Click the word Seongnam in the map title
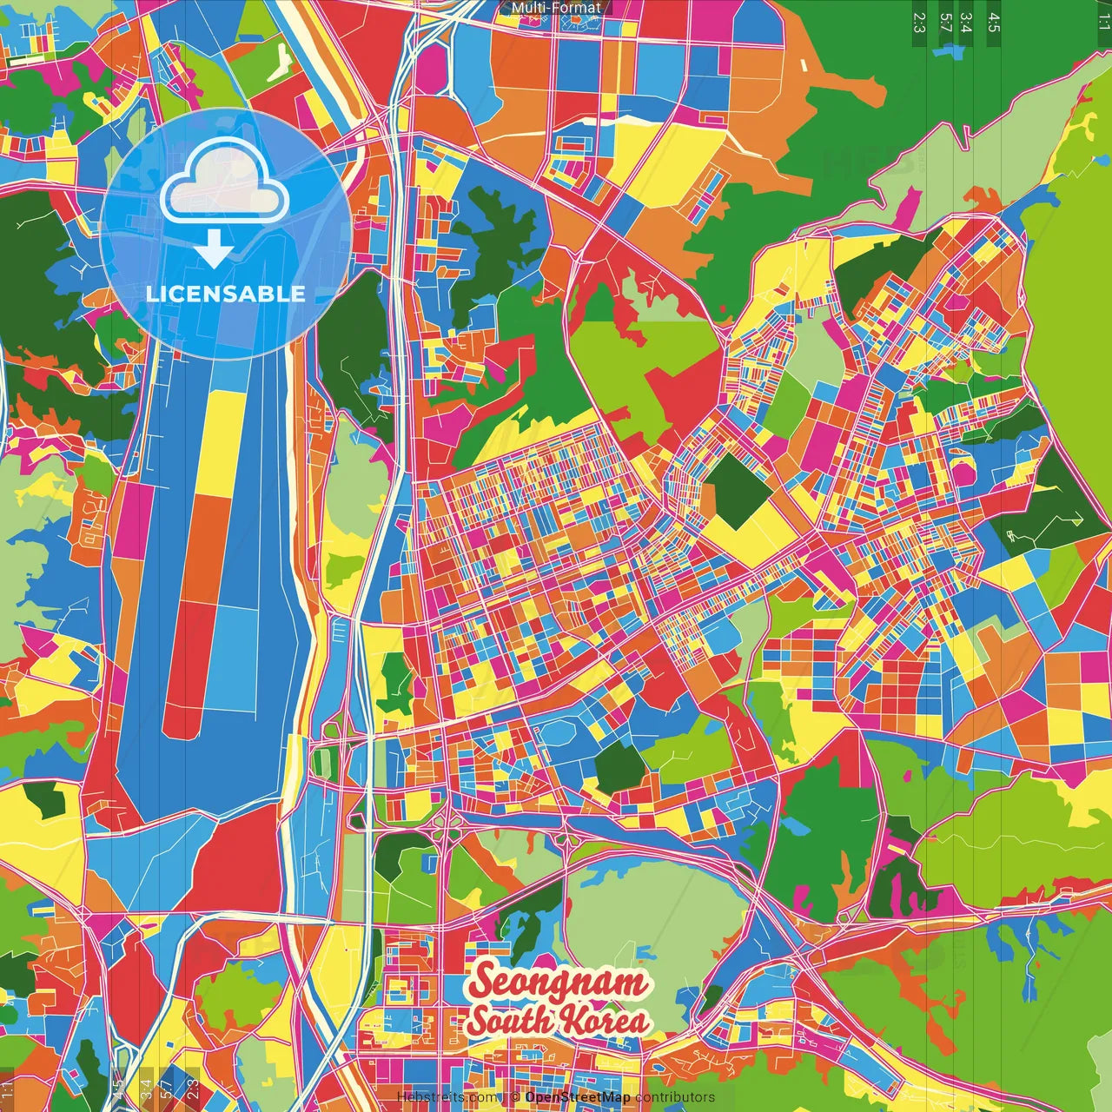click(x=559, y=982)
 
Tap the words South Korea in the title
click(x=559, y=1020)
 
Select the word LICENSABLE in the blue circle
click(x=225, y=294)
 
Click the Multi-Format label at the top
click(x=556, y=8)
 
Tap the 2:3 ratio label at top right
click(x=919, y=22)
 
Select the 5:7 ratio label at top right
click(x=945, y=22)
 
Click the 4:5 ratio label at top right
click(x=993, y=22)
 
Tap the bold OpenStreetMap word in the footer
click(x=578, y=1097)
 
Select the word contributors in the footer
click(x=675, y=1097)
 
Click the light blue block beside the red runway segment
click(x=233, y=660)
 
